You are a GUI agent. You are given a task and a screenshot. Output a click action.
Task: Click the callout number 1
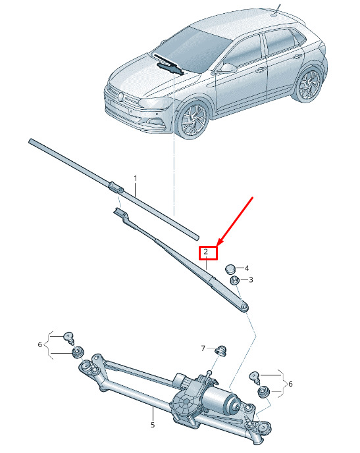click(x=136, y=178)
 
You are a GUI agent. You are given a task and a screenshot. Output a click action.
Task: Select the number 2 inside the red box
click(x=205, y=252)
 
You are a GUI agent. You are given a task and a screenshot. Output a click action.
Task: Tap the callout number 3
click(x=251, y=279)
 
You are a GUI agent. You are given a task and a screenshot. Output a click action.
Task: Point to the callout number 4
click(x=247, y=268)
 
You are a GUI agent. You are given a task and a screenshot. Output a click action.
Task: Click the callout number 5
click(x=153, y=425)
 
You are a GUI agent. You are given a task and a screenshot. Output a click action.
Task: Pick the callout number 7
click(x=203, y=348)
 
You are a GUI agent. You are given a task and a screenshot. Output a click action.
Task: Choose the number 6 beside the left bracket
click(x=40, y=345)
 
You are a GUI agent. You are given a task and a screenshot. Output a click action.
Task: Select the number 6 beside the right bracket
click(x=291, y=384)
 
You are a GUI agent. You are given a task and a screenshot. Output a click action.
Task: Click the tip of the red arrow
click(x=217, y=246)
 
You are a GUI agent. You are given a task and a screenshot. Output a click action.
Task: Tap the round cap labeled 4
click(x=230, y=269)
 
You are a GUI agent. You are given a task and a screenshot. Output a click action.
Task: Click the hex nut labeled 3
click(x=234, y=280)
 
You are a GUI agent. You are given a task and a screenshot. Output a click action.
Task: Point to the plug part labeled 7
click(x=222, y=350)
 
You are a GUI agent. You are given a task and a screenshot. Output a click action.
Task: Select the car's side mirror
click(x=227, y=68)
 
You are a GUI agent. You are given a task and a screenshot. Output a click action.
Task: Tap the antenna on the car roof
click(x=276, y=10)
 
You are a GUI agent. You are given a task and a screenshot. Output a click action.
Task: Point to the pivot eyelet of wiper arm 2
click(x=244, y=306)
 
